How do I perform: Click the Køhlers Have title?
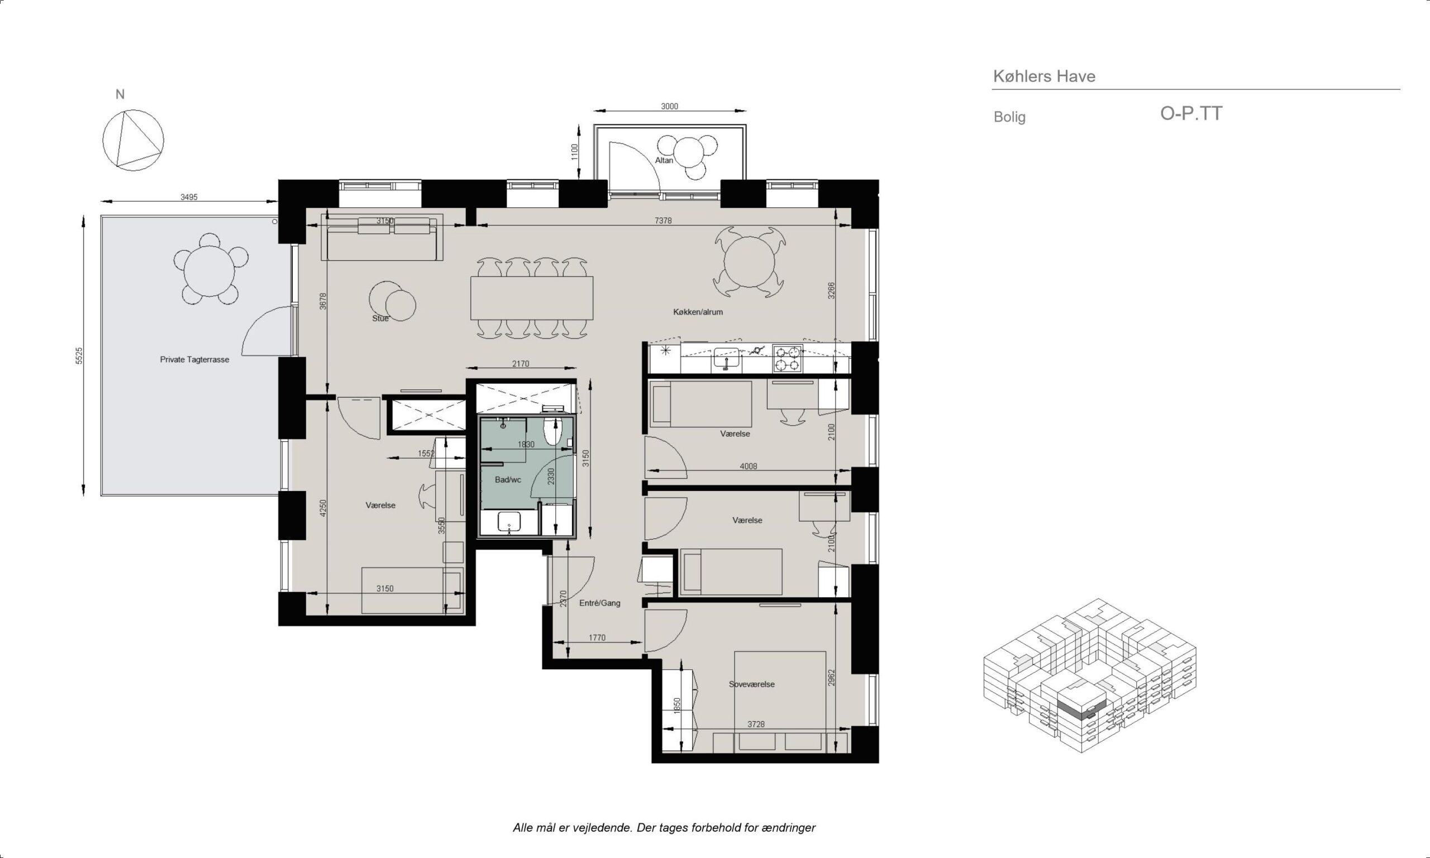click(x=1044, y=77)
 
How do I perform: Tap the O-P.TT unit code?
click(x=1191, y=113)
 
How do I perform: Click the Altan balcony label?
click(x=664, y=160)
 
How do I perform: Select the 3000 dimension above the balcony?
click(x=669, y=106)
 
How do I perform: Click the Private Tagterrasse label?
click(x=195, y=360)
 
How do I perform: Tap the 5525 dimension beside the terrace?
click(x=80, y=356)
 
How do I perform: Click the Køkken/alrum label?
click(x=698, y=312)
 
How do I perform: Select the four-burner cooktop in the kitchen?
click(x=788, y=359)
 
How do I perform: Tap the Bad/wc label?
click(x=508, y=480)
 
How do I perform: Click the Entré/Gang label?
click(x=600, y=603)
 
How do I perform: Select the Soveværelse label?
click(x=751, y=684)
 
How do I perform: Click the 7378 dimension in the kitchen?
click(x=663, y=221)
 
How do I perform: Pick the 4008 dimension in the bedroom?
click(x=749, y=466)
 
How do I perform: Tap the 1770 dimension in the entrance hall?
click(x=597, y=638)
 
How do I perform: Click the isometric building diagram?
click(x=1090, y=675)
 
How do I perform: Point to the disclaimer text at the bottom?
click(x=664, y=827)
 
